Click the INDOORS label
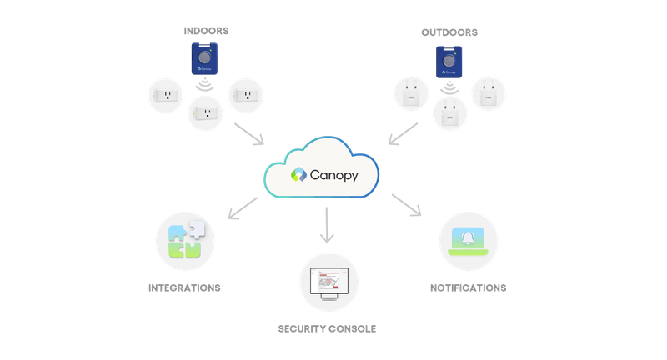point(206,32)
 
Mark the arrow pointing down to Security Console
point(327,225)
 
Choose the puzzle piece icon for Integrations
point(185,240)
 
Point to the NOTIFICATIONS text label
point(468,287)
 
